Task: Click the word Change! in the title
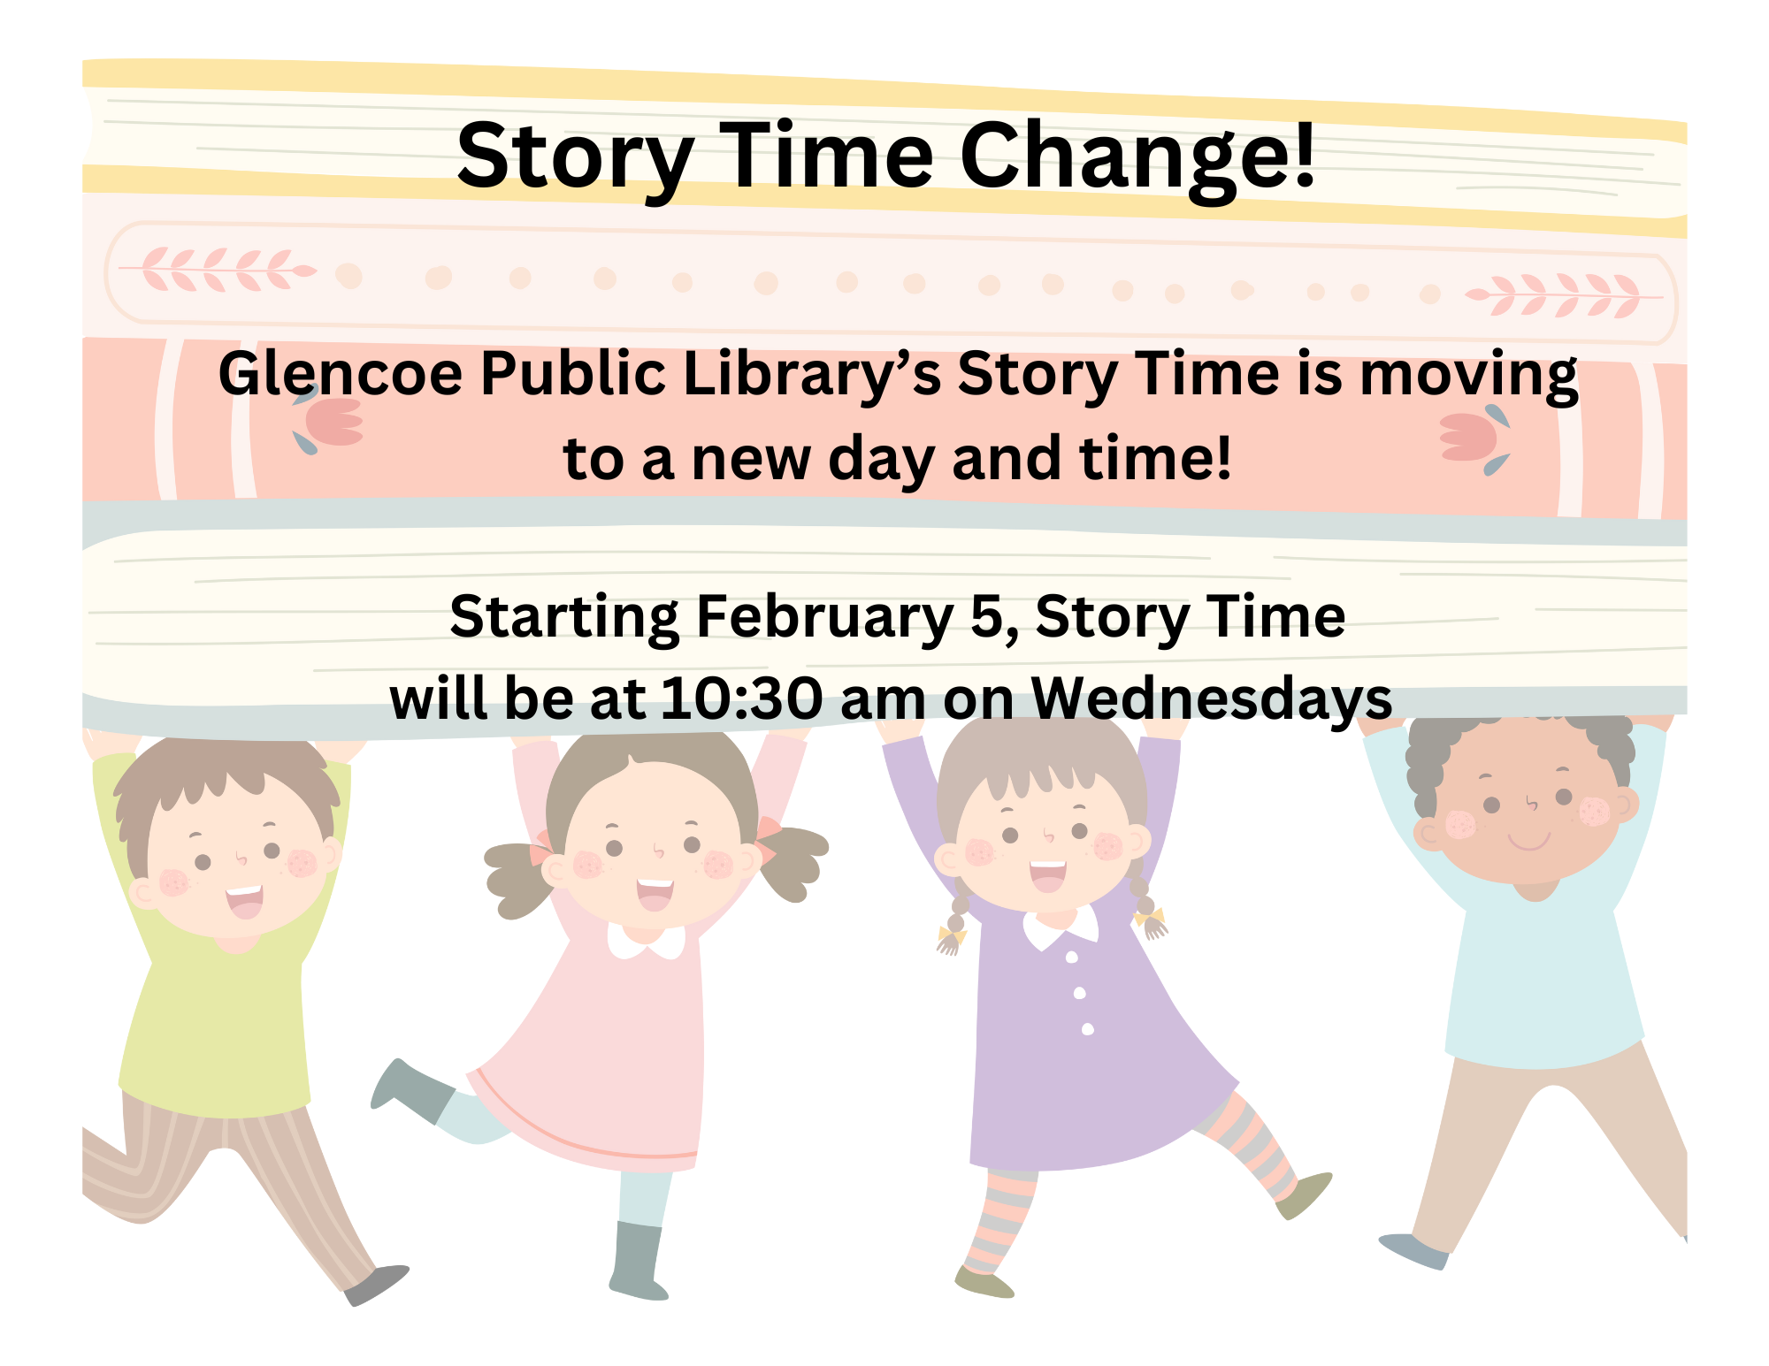point(1138,156)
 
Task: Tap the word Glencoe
point(341,374)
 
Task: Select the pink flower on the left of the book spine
point(332,422)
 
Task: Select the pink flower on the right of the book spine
point(1473,439)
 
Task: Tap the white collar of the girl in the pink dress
point(647,940)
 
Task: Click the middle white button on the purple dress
point(1080,993)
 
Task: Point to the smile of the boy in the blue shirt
point(1529,841)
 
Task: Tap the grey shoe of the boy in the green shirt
point(377,1286)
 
